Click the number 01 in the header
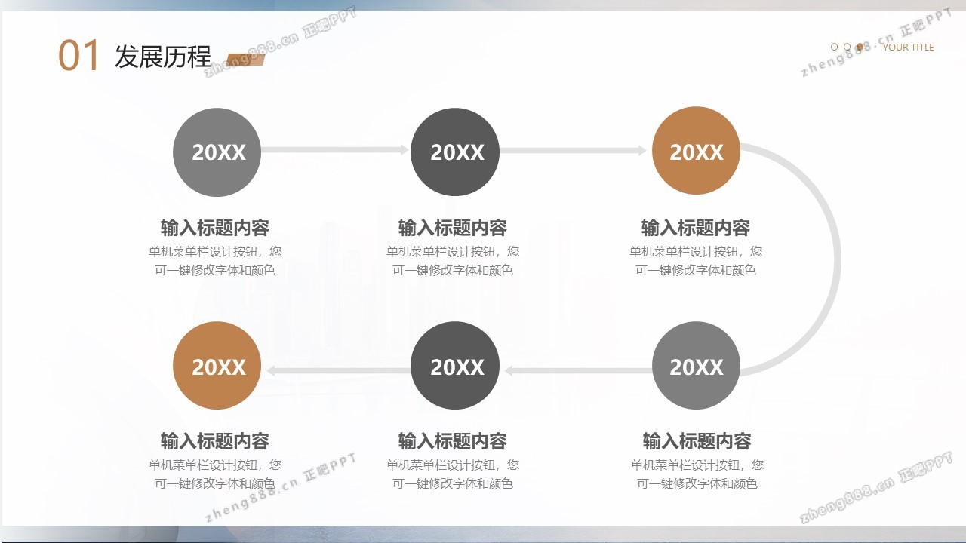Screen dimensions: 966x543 coord(78,55)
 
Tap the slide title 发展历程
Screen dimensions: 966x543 coord(163,57)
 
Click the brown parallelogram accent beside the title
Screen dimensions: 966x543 coord(245,60)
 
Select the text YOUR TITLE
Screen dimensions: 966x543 coord(908,47)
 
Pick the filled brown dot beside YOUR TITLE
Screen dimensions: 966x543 coord(860,47)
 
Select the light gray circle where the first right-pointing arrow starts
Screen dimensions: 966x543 coord(217,152)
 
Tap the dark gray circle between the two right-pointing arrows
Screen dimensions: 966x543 coord(455,152)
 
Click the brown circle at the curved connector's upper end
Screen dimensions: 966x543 coord(696,151)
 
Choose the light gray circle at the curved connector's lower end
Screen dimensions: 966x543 coord(696,366)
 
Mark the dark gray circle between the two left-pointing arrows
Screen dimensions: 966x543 coord(455,366)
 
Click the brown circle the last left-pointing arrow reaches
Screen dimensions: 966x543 coord(217,366)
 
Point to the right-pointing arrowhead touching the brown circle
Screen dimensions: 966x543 coord(642,150)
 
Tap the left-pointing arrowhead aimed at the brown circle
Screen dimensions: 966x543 coord(271,370)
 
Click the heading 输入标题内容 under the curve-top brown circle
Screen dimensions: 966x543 coord(695,228)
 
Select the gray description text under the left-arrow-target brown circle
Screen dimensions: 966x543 coord(215,474)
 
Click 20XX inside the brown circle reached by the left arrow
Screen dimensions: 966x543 coord(219,367)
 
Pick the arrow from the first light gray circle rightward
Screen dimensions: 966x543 coord(335,150)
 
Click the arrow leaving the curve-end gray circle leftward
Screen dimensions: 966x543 coord(578,370)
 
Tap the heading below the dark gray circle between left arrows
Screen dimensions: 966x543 coord(452,441)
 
